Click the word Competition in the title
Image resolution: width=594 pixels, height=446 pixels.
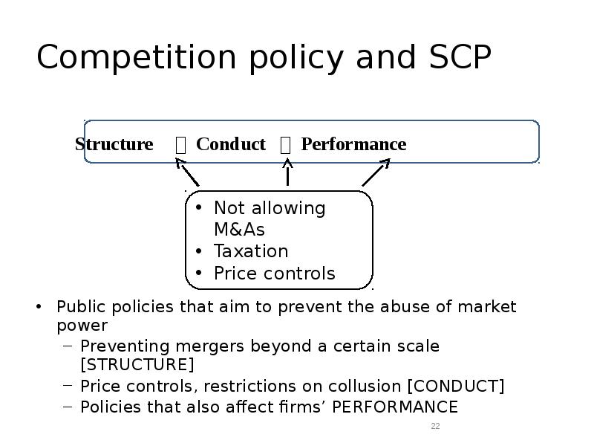[137, 57]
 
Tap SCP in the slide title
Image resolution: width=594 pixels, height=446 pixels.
[460, 57]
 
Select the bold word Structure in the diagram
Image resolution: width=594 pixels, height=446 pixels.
[114, 144]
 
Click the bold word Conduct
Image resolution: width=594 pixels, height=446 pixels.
[231, 144]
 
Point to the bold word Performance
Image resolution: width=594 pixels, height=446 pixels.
[354, 144]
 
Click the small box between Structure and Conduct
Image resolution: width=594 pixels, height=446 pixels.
[180, 145]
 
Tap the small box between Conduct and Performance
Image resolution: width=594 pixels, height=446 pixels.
[285, 145]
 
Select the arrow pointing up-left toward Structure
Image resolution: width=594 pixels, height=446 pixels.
[187, 172]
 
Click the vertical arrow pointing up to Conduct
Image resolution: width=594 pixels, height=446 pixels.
[287, 172]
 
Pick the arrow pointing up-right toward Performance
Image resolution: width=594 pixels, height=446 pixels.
[376, 172]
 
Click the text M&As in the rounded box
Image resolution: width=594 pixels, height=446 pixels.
[239, 230]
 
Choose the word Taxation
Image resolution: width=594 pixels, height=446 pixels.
[251, 251]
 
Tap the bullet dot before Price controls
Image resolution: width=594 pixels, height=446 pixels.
[199, 273]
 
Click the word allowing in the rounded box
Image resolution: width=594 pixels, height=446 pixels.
[289, 209]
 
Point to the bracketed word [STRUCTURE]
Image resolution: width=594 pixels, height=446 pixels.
[137, 364]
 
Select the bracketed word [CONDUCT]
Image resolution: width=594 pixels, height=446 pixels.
[456, 386]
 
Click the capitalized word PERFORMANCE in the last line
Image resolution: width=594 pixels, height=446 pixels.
[395, 407]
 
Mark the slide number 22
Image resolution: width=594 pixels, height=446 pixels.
[435, 426]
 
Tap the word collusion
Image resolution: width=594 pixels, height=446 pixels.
[365, 386]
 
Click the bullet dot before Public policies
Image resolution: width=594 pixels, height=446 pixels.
[39, 306]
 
